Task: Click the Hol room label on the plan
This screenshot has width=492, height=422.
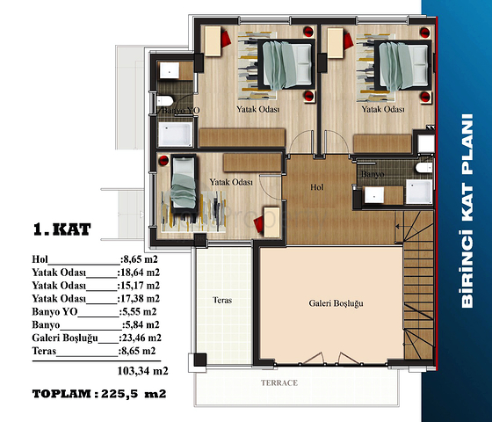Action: tap(317, 187)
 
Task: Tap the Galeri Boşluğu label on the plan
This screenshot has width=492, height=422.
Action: tap(336, 303)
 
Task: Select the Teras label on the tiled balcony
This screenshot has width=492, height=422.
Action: tap(222, 300)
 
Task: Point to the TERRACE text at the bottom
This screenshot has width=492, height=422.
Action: tap(279, 382)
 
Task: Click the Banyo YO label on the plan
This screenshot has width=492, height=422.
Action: tap(180, 111)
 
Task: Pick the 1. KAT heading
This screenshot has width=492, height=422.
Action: tap(62, 229)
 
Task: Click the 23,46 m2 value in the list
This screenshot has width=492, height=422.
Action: tap(141, 338)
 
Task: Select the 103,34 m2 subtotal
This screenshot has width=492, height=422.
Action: tap(143, 371)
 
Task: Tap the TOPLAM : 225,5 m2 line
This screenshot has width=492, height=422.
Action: tap(99, 394)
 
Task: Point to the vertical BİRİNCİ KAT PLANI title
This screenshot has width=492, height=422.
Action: tap(467, 211)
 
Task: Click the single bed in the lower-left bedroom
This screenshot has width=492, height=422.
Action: tap(184, 183)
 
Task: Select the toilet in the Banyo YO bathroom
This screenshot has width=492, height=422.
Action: tap(165, 101)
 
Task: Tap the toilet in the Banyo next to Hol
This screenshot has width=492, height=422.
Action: tap(423, 168)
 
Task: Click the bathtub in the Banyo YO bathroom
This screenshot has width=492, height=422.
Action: tap(175, 134)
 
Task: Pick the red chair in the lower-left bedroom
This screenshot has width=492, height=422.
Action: tap(259, 224)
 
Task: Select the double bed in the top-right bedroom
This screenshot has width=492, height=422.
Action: tap(403, 65)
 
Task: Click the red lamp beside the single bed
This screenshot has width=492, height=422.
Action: tap(163, 160)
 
